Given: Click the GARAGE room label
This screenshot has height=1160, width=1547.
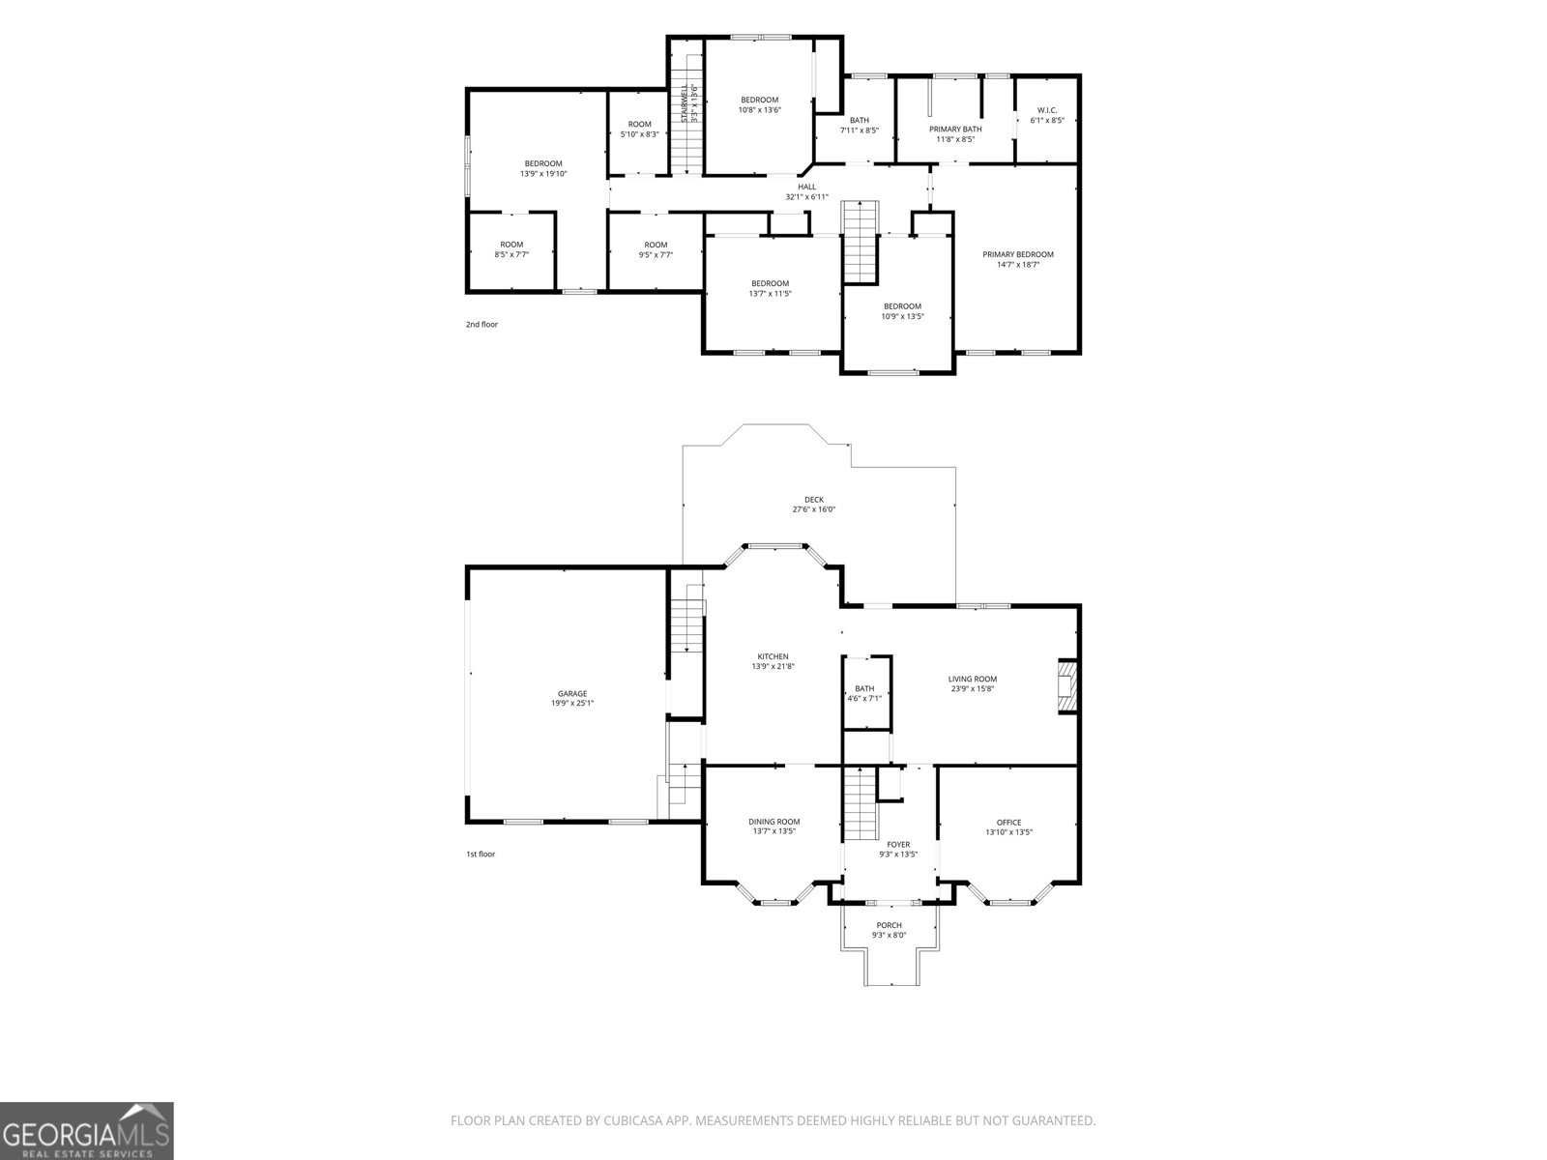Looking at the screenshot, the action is click(x=572, y=694).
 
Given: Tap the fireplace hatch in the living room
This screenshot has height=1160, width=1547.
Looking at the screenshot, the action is click(x=1068, y=686).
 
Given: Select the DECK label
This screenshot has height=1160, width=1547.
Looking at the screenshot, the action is click(x=814, y=500).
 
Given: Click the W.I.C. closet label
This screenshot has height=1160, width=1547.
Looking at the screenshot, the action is click(x=1047, y=110).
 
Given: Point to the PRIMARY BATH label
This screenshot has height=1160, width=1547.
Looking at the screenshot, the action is click(x=955, y=130).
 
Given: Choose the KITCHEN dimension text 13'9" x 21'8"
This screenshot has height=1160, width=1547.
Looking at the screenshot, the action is click(x=773, y=666).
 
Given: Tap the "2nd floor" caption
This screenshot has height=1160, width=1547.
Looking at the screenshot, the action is click(x=482, y=325).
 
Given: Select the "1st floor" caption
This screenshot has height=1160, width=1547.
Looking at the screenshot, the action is click(x=481, y=855).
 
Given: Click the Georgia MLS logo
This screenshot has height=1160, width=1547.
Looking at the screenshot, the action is click(x=87, y=1130).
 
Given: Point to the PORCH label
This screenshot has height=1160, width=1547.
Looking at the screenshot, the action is click(x=890, y=925).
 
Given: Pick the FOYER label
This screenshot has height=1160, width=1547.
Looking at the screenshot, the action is click(x=898, y=845).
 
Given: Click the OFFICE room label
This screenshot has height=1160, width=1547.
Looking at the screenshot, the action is click(x=1009, y=823).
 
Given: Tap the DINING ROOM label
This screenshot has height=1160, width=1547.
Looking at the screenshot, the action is click(x=773, y=822).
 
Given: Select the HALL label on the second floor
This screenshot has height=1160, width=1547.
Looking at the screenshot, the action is click(x=807, y=188).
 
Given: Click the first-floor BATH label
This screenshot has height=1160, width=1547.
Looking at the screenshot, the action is click(x=864, y=689).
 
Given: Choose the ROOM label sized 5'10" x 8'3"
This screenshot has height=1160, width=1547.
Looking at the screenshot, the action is click(x=640, y=125).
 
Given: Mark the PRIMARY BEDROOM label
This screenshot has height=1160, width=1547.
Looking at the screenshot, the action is click(x=1018, y=255).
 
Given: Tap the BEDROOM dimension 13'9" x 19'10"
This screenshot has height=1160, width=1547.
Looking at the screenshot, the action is click(x=543, y=174).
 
